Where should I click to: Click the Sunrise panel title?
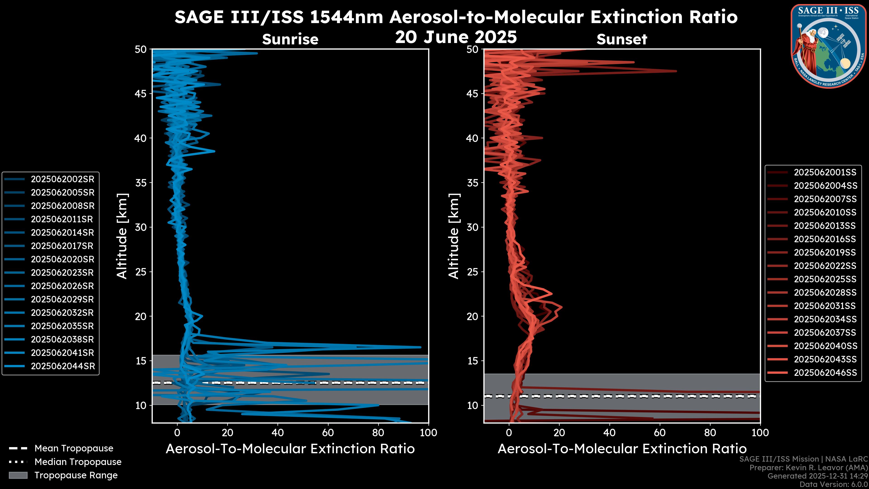point(290,39)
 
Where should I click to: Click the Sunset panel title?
point(622,39)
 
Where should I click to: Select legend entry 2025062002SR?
point(62,179)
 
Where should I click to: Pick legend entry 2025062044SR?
point(63,366)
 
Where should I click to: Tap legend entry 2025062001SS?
point(825,173)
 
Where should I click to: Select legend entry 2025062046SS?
point(825,373)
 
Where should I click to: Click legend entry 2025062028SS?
point(825,292)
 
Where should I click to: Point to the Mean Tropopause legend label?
point(74,448)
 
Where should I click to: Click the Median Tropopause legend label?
point(78,462)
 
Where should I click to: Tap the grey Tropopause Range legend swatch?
point(18,475)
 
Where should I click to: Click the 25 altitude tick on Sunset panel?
point(473,272)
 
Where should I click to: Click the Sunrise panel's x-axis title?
point(290,449)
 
